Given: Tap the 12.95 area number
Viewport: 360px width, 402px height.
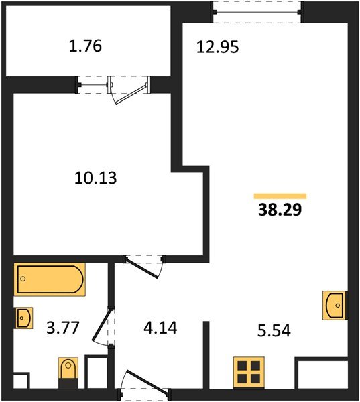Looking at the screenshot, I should coord(218,48).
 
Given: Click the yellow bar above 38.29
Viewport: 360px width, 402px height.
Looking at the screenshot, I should coord(280,196).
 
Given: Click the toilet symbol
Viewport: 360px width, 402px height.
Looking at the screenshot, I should coord(68,372).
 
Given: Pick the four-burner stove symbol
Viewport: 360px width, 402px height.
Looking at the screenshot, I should coord(247,372).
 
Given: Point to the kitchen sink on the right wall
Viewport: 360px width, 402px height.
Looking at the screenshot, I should coord(335,305).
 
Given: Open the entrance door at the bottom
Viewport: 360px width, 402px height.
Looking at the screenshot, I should coord(143,387).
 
